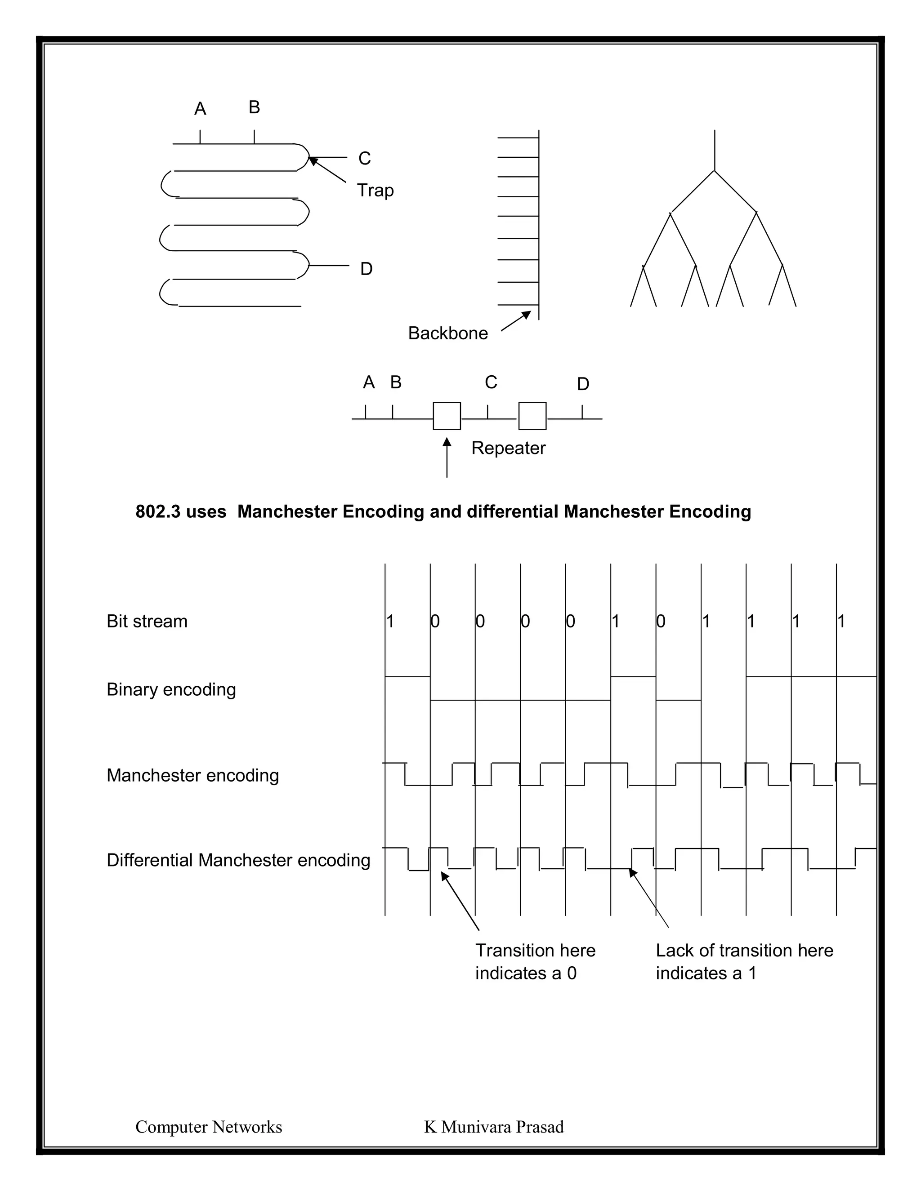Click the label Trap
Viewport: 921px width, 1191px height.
[375, 190]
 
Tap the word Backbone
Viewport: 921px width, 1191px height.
[447, 333]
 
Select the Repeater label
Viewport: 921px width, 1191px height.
[508, 448]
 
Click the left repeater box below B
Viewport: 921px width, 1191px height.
[447, 416]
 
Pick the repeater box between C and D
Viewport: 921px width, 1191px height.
[532, 416]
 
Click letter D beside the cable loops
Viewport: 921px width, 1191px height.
[366, 269]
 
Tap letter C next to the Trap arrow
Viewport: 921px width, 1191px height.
[364, 159]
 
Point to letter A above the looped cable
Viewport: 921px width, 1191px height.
[200, 109]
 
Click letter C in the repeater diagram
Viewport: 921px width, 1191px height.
[491, 382]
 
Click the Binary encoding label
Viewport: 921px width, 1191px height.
[171, 689]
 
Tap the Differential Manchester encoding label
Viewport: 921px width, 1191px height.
[238, 860]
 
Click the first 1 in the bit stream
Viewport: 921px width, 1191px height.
[390, 621]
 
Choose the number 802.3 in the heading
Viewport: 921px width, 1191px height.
[158, 511]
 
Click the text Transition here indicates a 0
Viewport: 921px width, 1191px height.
[535, 961]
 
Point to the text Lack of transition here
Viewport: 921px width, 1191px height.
[744, 951]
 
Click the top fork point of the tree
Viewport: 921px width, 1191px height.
[714, 171]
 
